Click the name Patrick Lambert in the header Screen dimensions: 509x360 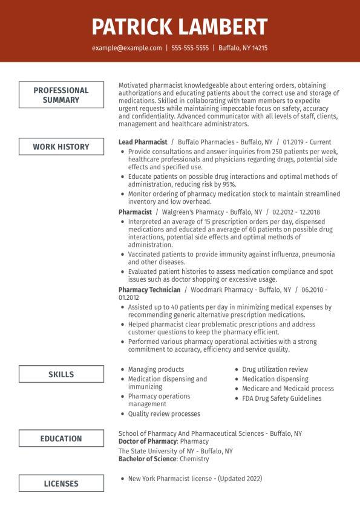pos(180,27)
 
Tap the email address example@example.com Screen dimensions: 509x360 pos(126,48)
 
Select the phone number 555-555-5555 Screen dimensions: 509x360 pos(190,48)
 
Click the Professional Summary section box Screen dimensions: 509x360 pos(61,95)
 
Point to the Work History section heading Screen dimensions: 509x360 pos(61,146)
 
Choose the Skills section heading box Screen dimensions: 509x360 pos(61,374)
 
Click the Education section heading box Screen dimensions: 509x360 pos(61,438)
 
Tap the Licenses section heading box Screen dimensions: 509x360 pos(61,483)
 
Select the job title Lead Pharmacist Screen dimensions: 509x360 pos(143,142)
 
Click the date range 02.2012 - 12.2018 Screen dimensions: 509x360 pos(296,212)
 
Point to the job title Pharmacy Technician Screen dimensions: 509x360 pos(149,290)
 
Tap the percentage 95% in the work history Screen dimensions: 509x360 pos(228,184)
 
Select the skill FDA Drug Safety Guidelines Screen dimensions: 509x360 pos(282,398)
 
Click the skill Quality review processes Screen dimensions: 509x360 pos(164,414)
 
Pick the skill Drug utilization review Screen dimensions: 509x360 pos(275,369)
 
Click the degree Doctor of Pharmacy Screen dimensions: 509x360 pos(148,442)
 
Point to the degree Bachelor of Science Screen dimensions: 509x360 pos(147,459)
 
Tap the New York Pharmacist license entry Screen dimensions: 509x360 pos(195,478)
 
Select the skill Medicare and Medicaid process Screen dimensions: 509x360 pos(288,389)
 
